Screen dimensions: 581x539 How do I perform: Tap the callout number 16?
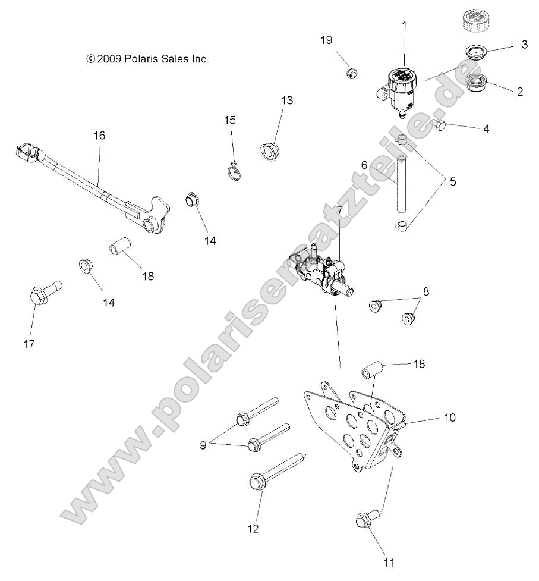99,136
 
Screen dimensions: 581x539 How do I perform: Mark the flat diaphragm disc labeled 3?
474,51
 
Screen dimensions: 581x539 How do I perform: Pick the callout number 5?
452,182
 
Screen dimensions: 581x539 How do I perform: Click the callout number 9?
203,445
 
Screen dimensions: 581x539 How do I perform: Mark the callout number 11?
389,561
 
